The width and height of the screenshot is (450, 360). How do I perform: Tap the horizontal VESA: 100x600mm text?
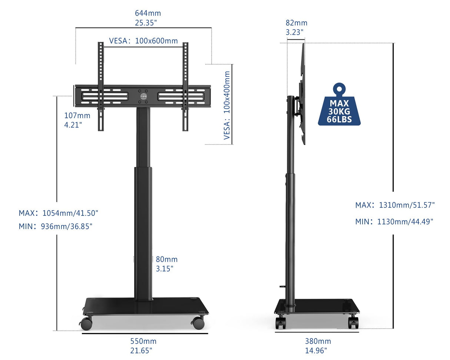click(x=143, y=41)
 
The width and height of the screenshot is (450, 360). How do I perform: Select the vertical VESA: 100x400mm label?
click(x=227, y=105)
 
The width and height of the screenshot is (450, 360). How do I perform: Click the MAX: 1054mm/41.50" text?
click(x=58, y=213)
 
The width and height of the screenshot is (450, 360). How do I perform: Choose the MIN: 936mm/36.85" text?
click(x=56, y=226)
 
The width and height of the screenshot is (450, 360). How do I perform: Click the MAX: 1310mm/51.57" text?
click(x=395, y=205)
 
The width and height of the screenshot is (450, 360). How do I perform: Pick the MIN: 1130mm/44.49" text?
click(x=394, y=222)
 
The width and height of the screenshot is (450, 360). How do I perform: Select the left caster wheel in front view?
click(x=86, y=323)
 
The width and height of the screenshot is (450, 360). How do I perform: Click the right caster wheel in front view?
click(x=198, y=323)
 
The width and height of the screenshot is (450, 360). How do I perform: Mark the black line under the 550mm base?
click(x=145, y=333)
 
